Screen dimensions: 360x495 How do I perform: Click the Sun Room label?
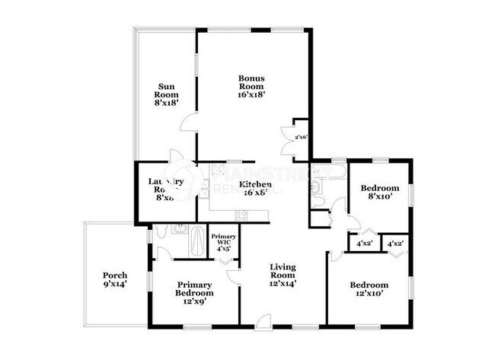(167, 96)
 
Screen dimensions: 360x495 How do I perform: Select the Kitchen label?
(255, 188)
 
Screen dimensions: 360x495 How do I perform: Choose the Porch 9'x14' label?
(115, 279)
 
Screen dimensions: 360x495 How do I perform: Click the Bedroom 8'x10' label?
(379, 192)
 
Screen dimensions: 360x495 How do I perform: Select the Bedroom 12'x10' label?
(368, 290)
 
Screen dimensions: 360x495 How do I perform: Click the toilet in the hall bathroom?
(319, 201)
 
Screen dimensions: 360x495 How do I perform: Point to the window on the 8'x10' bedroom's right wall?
(411, 195)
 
